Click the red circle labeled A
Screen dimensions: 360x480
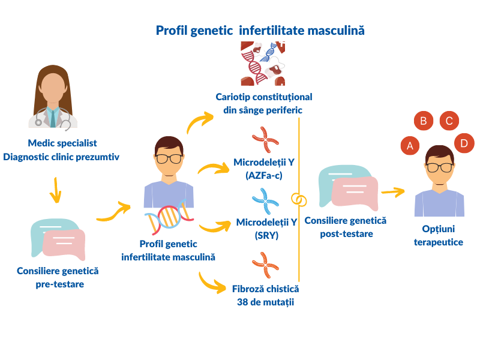click(x=410, y=145)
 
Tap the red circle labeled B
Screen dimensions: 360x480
click(x=423, y=121)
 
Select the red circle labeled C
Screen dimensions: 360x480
click(x=449, y=121)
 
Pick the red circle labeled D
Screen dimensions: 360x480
click(x=464, y=143)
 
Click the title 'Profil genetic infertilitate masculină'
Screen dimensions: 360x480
click(x=260, y=30)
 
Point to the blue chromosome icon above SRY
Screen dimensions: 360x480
click(x=265, y=202)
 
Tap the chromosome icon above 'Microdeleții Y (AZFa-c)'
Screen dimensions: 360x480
click(x=265, y=141)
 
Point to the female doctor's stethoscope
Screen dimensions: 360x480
click(x=53, y=117)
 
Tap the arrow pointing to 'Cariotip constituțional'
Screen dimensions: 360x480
click(x=200, y=122)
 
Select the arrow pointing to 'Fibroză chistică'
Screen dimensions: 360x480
click(x=213, y=283)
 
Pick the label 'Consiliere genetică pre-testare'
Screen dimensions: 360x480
click(x=58, y=277)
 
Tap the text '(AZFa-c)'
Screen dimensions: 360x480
click(x=265, y=176)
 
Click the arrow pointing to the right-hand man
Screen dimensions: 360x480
click(x=393, y=192)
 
